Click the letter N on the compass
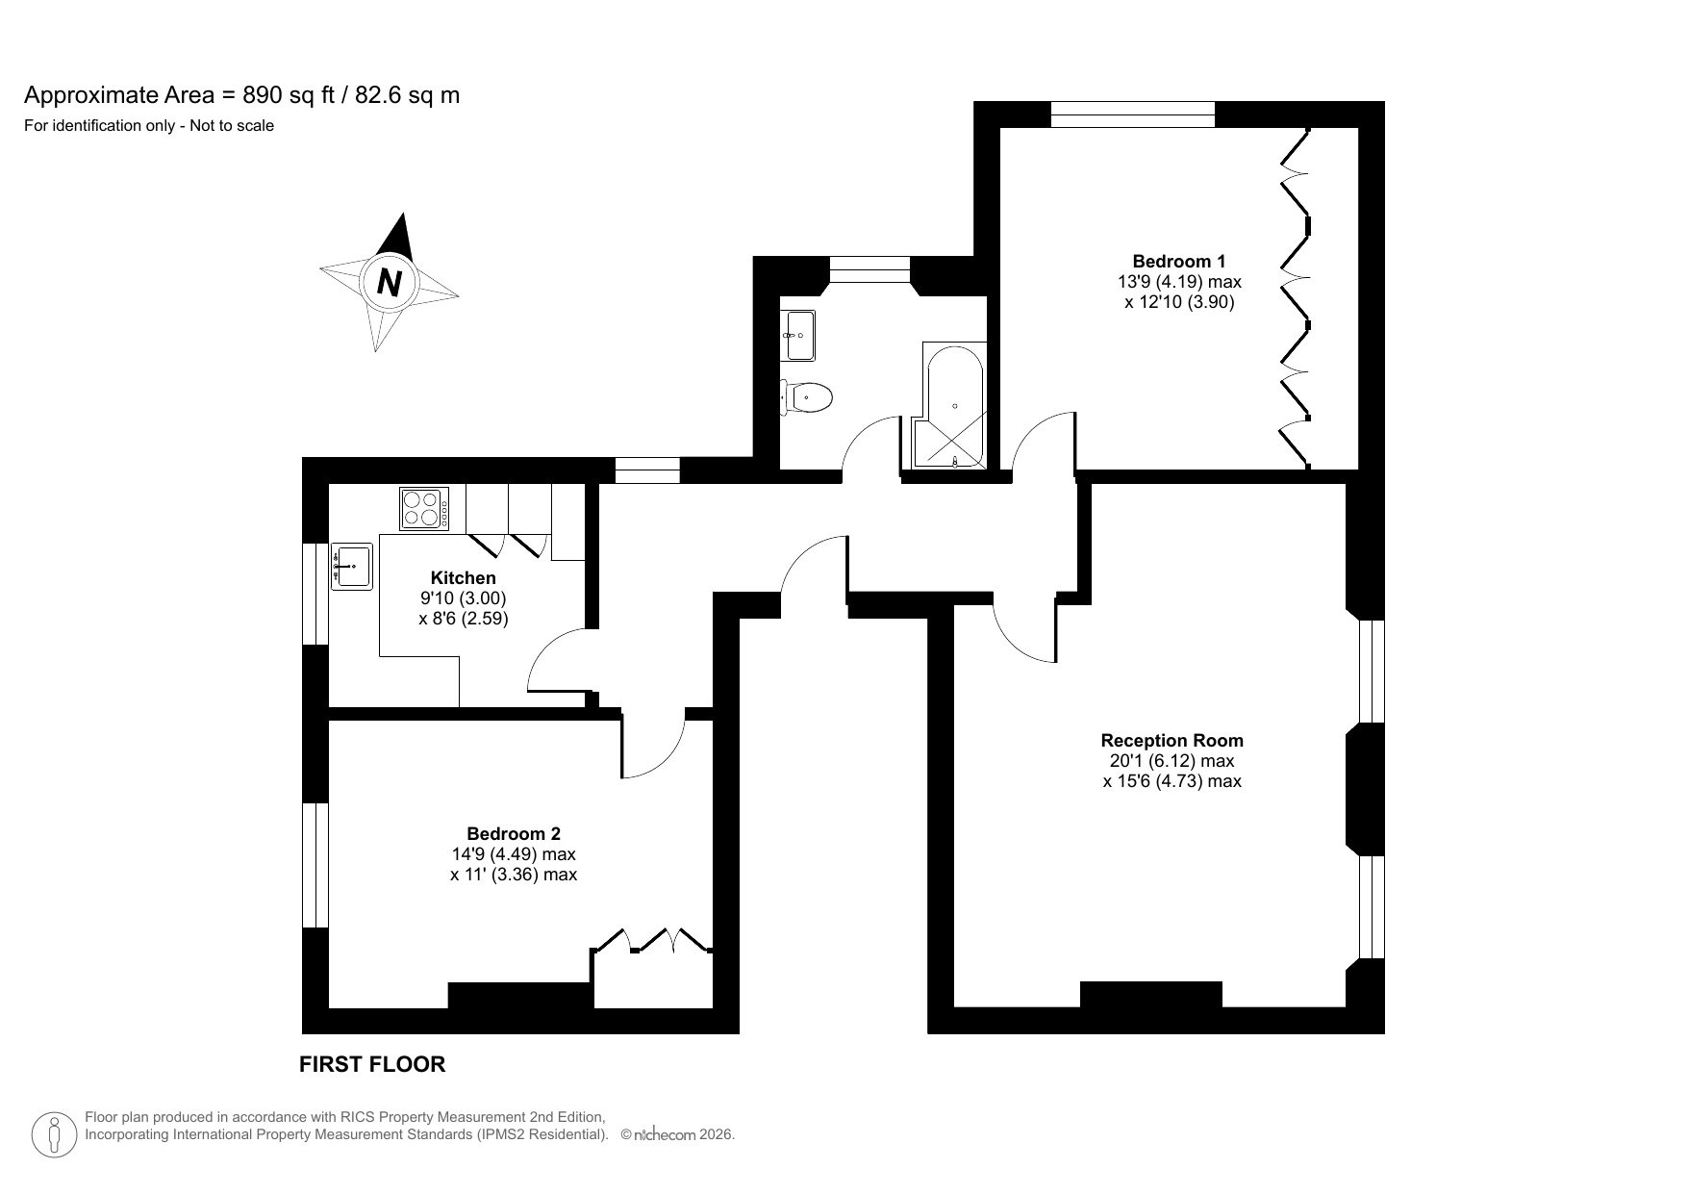[x=389, y=283]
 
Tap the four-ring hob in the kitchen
[x=424, y=508]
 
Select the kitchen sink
[x=353, y=565]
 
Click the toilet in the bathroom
[x=806, y=396]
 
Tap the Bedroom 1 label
[x=1178, y=261]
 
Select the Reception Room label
[x=1172, y=740]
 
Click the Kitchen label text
[x=463, y=577]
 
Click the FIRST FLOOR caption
[x=372, y=1063]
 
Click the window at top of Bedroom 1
[x=1132, y=114]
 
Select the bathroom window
[x=869, y=269]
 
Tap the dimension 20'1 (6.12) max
[x=1172, y=760]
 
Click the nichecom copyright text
[x=677, y=1134]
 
